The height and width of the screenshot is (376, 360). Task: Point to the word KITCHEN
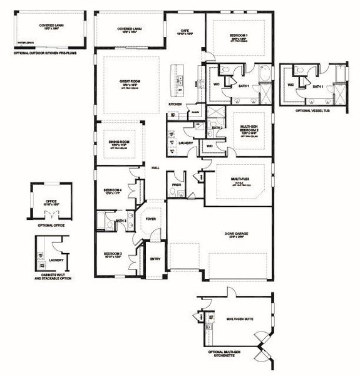175,104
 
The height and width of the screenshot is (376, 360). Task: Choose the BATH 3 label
121,221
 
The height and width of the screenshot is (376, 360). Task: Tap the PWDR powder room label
177,185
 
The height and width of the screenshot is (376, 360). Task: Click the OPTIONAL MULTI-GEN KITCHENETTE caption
235,355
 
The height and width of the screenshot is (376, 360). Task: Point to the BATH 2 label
217,128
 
